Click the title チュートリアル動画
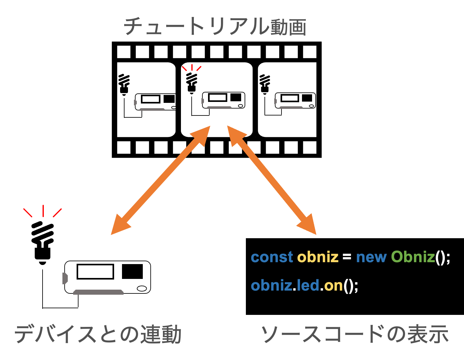tap(215, 27)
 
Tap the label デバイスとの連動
tap(98, 334)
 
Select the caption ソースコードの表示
tap(355, 334)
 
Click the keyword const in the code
tap(272, 257)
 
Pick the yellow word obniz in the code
tap(318, 257)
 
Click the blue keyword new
tap(371, 257)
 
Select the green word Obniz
tap(413, 257)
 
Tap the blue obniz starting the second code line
tap(271, 286)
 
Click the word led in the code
tap(308, 286)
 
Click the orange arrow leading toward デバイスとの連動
tap(160, 180)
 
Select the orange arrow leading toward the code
tap(272, 180)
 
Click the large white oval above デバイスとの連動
tap(142, 288)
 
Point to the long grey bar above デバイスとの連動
tap(98, 292)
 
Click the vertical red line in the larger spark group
tap(43, 211)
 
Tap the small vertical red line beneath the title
tap(192, 67)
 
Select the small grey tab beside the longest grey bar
tap(65, 278)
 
